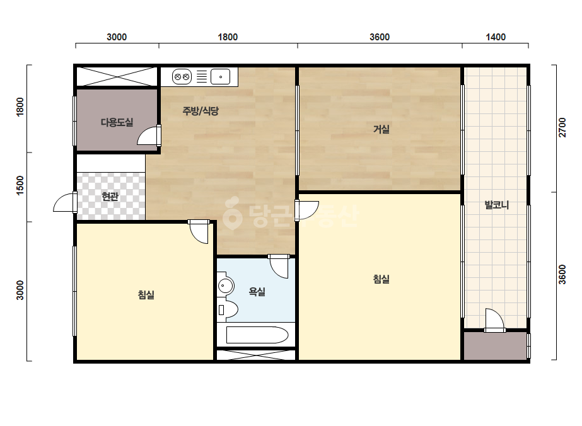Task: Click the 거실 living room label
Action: click(381, 129)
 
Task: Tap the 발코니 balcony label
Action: click(497, 205)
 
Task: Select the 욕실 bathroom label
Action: click(257, 292)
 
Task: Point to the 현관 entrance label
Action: click(110, 197)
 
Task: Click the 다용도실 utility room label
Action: click(117, 122)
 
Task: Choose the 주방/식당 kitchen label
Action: click(201, 110)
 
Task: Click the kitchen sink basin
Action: click(221, 77)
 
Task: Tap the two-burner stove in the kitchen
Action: click(182, 77)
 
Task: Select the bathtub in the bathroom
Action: click(257, 335)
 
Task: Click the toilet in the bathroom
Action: click(228, 309)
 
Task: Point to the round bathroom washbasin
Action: click(226, 285)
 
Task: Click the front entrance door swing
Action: click(65, 203)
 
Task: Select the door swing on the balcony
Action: click(495, 319)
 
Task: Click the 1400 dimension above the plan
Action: click(496, 37)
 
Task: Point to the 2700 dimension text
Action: click(562, 127)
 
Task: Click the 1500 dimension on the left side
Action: click(20, 185)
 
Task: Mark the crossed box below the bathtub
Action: click(256, 355)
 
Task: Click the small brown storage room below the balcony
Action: click(495, 346)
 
